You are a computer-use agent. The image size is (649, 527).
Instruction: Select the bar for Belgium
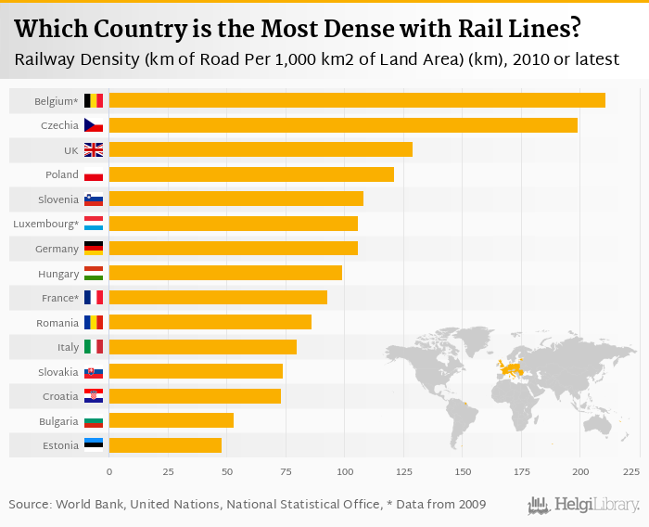[357, 100]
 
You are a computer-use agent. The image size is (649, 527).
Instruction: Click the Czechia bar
[343, 125]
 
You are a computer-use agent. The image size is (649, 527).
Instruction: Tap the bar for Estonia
[165, 444]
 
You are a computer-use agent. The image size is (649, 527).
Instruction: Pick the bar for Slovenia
[235, 199]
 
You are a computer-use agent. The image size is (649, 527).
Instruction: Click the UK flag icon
[94, 150]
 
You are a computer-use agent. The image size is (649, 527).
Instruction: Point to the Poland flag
[94, 174]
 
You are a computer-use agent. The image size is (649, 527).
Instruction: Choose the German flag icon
[94, 249]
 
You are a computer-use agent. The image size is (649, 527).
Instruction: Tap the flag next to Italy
[94, 347]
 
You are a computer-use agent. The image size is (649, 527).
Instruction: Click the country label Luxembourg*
[45, 224]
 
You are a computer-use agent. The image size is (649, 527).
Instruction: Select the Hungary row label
[57, 274]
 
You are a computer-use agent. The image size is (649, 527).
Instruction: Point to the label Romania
[57, 323]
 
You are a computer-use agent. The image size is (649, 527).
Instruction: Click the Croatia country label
[58, 396]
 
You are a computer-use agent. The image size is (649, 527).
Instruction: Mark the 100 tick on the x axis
[345, 472]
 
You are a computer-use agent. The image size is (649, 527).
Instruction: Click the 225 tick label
[631, 472]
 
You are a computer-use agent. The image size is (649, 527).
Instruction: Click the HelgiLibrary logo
[584, 505]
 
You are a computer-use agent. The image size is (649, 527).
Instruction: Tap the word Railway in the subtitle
[47, 59]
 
